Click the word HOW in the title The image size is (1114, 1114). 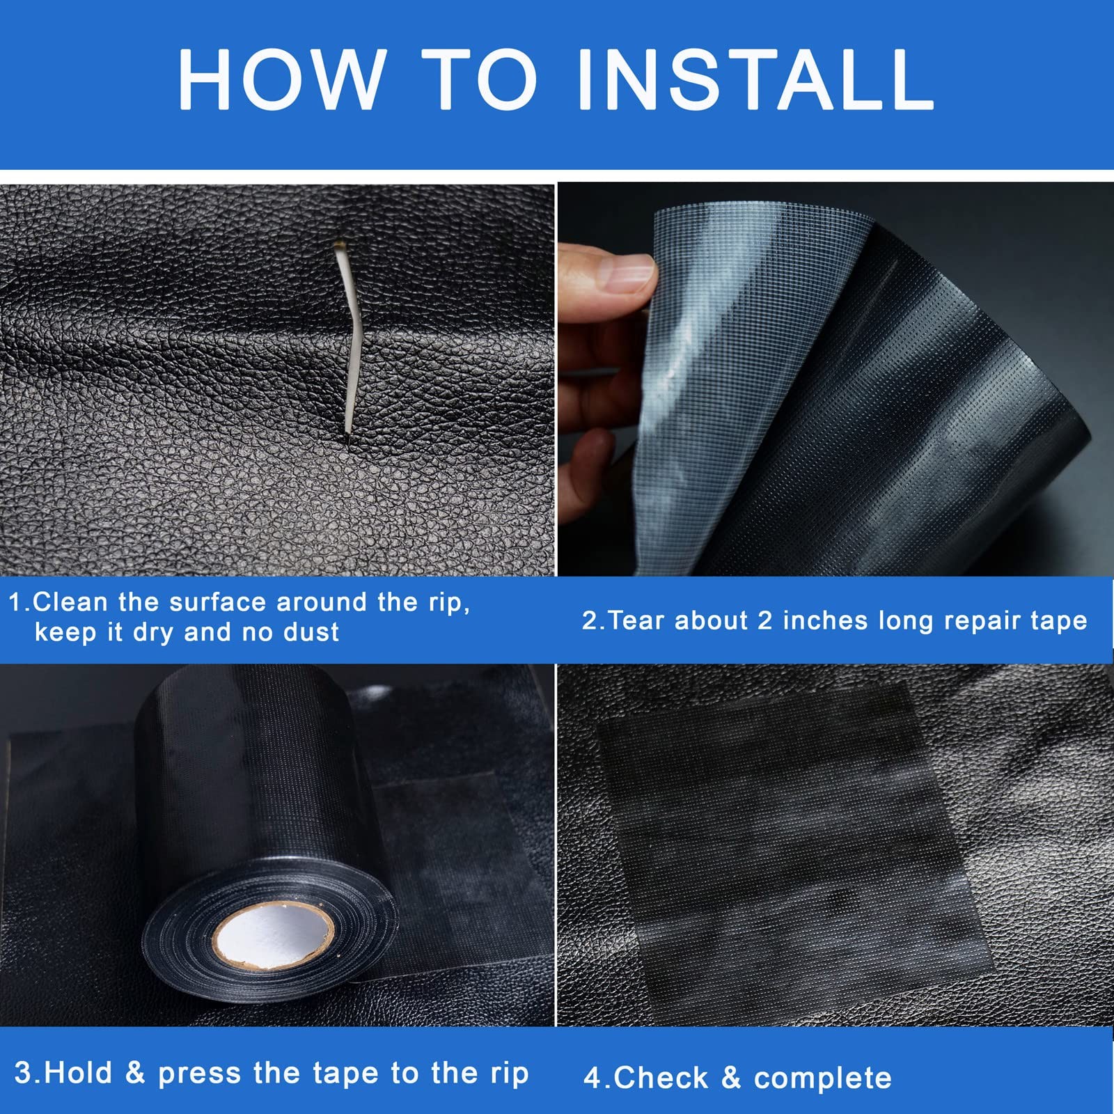coord(282,79)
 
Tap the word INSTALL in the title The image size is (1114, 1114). coord(755,79)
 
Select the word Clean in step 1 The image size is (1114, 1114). coord(70,602)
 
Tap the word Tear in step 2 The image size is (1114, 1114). coord(635,620)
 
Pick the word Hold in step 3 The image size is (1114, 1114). coord(77,1073)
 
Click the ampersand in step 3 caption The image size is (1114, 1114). coord(135,1073)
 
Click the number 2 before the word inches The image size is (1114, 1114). coord(764,620)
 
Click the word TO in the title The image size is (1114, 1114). coord(480,79)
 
